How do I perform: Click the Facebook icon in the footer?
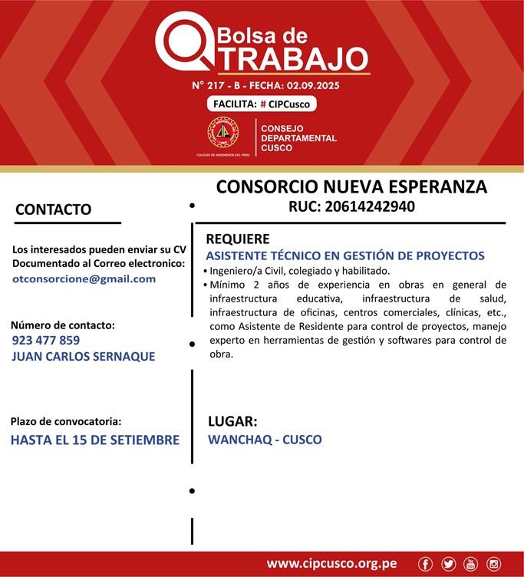pyautogui.click(x=426, y=564)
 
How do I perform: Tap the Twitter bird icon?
pyautogui.click(x=448, y=564)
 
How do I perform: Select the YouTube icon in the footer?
pyautogui.click(x=470, y=564)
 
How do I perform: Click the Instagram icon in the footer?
pyautogui.click(x=493, y=564)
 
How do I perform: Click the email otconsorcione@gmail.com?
pyautogui.click(x=84, y=279)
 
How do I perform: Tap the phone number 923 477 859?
pyautogui.click(x=46, y=340)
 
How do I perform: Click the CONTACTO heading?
pyautogui.click(x=54, y=209)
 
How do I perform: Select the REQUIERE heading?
pyautogui.click(x=237, y=239)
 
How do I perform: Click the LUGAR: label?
pyautogui.click(x=232, y=421)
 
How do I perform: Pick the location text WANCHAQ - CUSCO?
pyautogui.click(x=265, y=440)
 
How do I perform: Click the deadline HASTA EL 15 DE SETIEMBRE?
pyautogui.click(x=95, y=440)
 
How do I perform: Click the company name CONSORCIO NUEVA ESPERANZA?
pyautogui.click(x=351, y=187)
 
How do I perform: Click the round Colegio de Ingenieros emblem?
pyautogui.click(x=223, y=132)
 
